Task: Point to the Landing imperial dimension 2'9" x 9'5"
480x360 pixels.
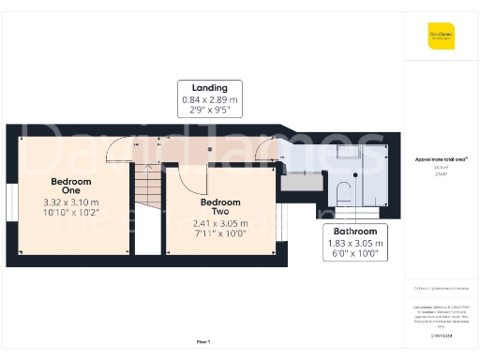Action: (210, 110)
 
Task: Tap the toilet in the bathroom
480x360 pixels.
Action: (344, 195)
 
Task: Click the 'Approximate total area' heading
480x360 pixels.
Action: (441, 160)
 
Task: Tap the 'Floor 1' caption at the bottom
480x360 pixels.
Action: (203, 341)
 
